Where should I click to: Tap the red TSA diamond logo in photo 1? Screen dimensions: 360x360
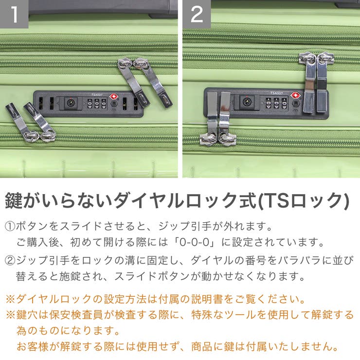pos(114,96)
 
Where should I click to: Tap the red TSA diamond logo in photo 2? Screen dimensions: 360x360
pos(294,95)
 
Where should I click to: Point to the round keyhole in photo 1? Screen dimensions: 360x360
pos(71,103)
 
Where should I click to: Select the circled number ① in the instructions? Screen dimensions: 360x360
pos(10,227)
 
